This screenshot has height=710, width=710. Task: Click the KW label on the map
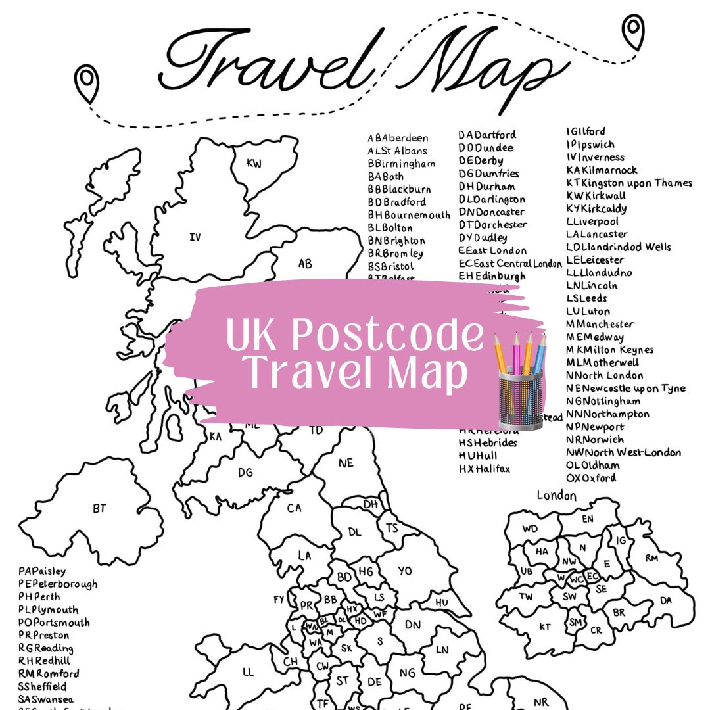[254, 164]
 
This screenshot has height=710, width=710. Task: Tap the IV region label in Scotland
[195, 237]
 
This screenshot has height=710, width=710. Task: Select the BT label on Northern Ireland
[99, 508]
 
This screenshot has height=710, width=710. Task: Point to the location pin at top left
[86, 83]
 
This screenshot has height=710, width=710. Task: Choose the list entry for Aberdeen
[398, 138]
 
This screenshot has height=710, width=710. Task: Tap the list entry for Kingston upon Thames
[629, 183]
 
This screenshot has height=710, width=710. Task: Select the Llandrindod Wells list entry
[619, 247]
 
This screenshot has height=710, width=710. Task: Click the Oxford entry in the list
[591, 478]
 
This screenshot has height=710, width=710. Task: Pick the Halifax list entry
[485, 469]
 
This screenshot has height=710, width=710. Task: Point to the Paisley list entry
[42, 571]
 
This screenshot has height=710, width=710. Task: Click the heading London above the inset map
[556, 496]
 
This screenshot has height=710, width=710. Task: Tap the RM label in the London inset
[651, 558]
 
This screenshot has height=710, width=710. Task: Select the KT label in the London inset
[545, 627]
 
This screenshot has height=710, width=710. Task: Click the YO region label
[405, 571]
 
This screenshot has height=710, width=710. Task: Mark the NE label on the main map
[346, 463]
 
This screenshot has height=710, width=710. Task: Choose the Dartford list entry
[487, 135]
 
